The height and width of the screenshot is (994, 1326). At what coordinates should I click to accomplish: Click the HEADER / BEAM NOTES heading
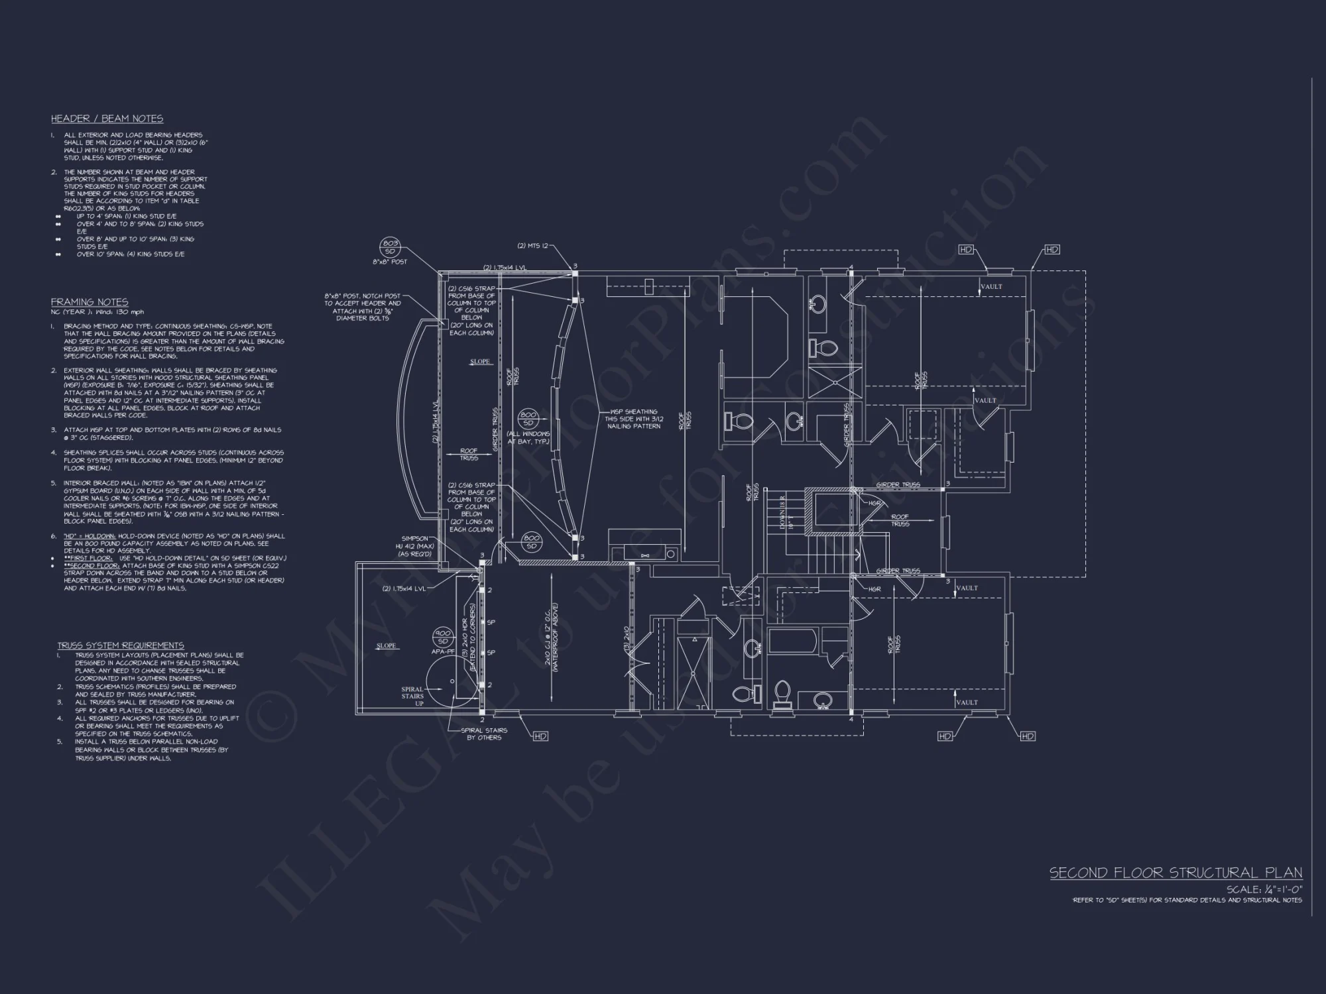click(107, 119)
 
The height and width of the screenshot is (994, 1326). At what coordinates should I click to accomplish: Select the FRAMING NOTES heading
click(89, 302)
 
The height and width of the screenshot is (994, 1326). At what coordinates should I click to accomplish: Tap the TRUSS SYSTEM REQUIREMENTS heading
click(120, 645)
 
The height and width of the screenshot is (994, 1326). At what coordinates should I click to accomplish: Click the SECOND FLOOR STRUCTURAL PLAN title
click(1175, 873)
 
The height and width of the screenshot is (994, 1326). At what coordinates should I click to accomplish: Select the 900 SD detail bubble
click(442, 637)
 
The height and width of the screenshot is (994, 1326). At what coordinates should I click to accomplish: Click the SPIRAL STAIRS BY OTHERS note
click(484, 734)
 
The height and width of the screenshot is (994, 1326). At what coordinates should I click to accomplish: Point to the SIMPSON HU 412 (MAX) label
click(415, 546)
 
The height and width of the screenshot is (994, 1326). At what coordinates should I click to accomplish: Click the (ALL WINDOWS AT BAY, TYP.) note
click(528, 437)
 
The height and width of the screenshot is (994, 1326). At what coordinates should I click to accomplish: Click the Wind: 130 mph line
click(97, 312)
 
